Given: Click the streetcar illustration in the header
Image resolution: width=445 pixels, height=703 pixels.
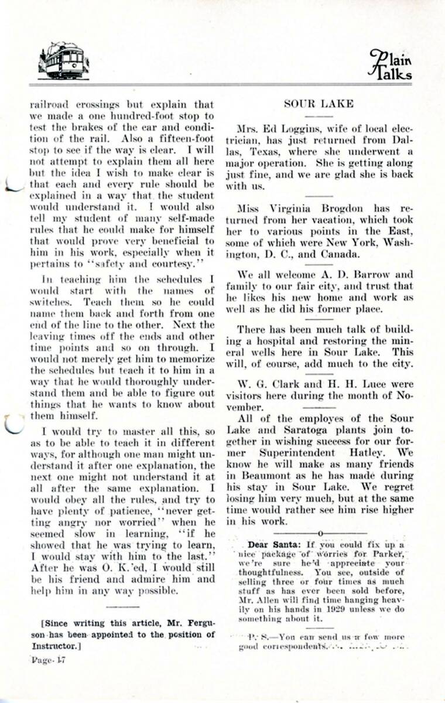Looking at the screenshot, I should click(63, 60).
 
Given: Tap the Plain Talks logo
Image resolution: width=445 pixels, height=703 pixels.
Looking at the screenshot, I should click(389, 64).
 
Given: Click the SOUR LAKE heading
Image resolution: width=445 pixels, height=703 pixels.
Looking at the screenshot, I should click(319, 104).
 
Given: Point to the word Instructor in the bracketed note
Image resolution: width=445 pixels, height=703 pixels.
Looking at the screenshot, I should click(54, 646).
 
